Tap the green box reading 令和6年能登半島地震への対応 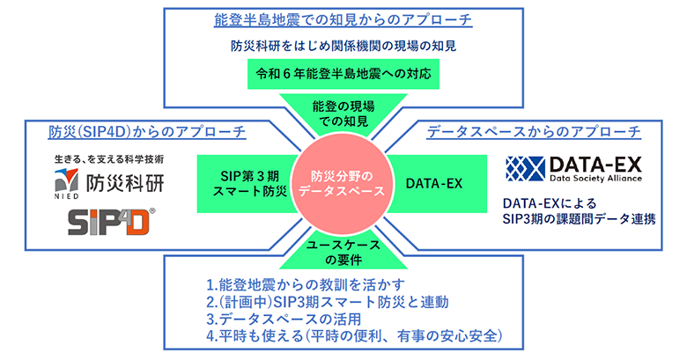[343, 75]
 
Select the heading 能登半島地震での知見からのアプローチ [342, 19]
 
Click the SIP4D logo [110, 220]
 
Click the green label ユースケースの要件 [343, 254]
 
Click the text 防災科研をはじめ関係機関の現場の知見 [342, 46]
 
